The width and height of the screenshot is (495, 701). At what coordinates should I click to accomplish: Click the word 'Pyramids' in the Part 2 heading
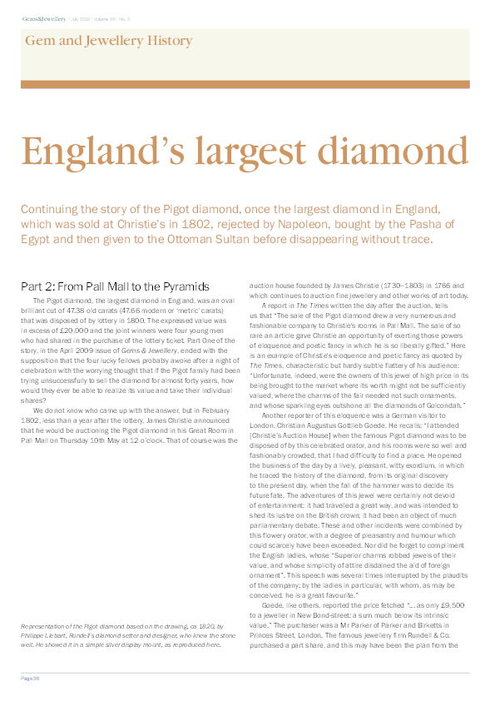[185, 286]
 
